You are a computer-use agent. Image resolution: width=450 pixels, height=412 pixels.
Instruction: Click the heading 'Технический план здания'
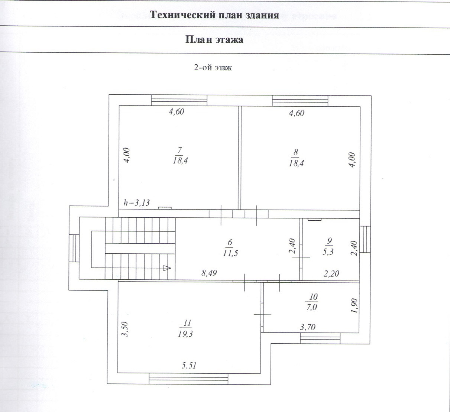[x=214, y=15]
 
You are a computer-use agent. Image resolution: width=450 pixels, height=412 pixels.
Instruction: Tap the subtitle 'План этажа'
[x=214, y=40]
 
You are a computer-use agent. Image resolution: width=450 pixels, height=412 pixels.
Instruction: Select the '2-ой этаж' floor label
[x=213, y=68]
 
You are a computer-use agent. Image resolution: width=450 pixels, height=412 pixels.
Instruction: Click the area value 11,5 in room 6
[x=231, y=253]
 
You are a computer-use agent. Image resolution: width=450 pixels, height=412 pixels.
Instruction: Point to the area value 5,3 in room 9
[x=328, y=252]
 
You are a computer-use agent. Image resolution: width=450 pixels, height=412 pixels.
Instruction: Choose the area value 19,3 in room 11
[x=185, y=334]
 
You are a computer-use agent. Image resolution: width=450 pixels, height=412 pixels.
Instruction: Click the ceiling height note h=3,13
[x=136, y=202]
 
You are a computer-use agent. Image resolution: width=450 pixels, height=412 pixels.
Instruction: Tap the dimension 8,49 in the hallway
[x=209, y=273]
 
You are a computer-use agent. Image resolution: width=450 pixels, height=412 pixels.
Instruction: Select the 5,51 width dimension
[x=189, y=366]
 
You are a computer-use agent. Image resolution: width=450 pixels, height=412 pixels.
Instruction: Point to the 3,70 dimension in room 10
[x=308, y=327]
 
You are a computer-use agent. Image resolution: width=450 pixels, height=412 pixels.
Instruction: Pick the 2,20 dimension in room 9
[x=331, y=274]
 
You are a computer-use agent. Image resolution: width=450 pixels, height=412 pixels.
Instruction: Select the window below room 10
[x=320, y=338]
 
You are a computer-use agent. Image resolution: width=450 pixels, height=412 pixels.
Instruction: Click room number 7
[x=179, y=150]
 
